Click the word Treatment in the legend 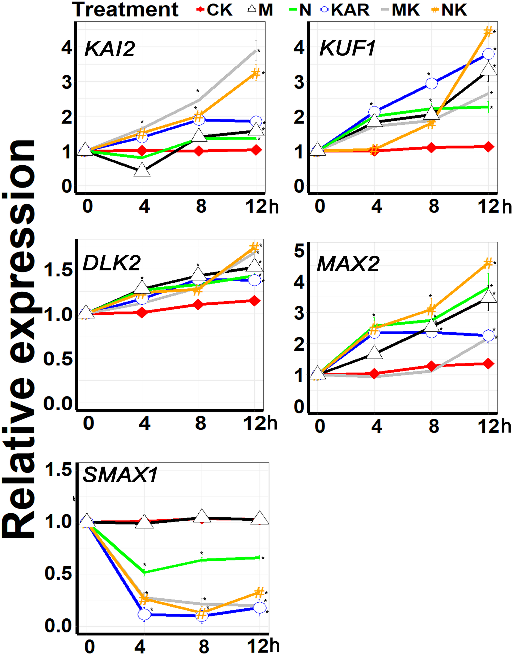tap(126, 10)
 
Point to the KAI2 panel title tap(110, 49)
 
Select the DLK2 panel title tap(111, 263)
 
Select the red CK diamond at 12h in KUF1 tap(488, 147)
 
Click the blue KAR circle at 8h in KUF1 tap(432, 84)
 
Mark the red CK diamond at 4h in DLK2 tap(143, 313)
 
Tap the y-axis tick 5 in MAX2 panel tap(299, 251)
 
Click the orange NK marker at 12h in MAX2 tap(488, 263)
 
